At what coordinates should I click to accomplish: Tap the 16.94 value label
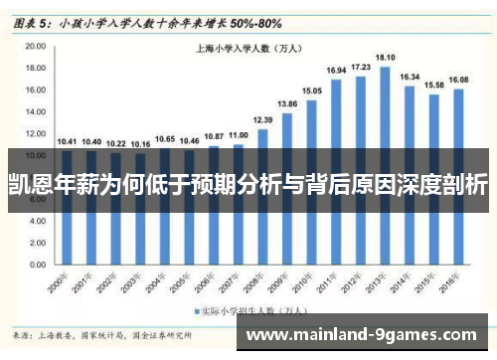(x=336, y=71)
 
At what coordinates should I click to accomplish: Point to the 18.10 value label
(x=385, y=58)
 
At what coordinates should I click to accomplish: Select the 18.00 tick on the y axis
(x=37, y=69)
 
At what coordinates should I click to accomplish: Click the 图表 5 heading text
(x=33, y=20)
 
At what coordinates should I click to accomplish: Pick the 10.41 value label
(x=66, y=142)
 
